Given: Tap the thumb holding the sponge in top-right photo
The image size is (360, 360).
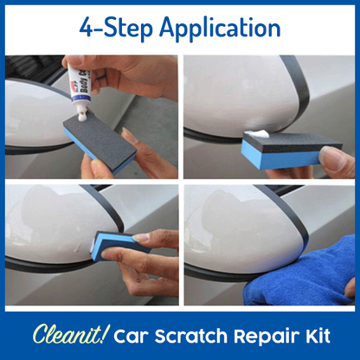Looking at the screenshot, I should pos(333,156).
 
